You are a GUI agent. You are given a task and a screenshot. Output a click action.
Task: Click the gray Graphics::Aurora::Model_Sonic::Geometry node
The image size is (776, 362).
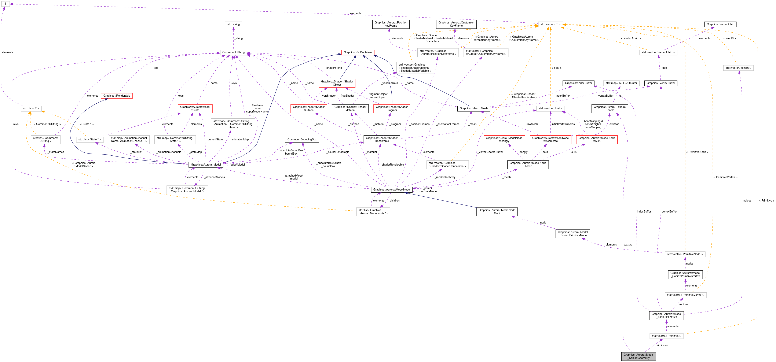pos(638,356)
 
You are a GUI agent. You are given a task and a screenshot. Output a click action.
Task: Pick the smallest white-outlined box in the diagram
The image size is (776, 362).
pos(6,4)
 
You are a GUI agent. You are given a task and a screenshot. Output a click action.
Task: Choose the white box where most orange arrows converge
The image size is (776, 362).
pos(550,24)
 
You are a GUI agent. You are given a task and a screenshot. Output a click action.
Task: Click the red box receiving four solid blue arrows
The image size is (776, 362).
pos(358,53)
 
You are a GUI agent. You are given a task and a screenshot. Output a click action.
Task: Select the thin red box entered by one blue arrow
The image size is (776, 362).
pos(117,96)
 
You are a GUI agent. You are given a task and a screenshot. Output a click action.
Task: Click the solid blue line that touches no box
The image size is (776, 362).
pos(440,200)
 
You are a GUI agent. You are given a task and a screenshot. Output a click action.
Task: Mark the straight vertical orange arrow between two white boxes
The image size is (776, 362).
pos(550,66)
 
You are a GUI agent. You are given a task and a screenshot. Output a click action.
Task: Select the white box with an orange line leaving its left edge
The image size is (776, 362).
pos(373,212)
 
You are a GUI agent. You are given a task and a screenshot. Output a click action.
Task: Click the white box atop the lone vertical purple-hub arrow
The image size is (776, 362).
pos(234,24)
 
